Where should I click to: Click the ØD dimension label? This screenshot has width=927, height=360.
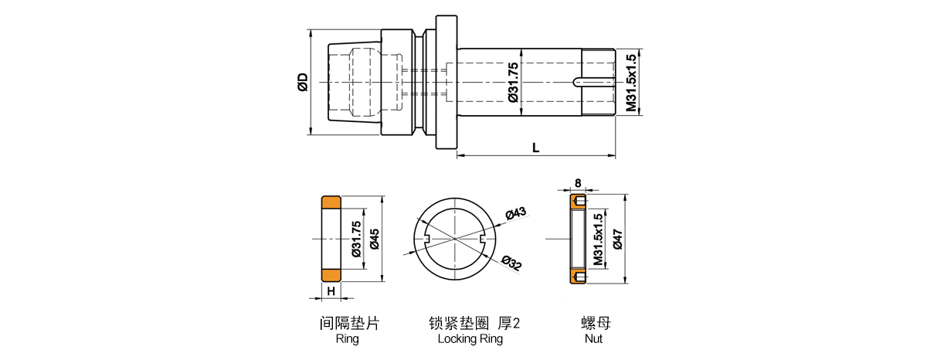point(303,82)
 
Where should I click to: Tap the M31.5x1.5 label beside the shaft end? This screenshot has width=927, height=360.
point(632,83)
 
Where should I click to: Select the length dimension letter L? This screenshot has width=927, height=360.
point(535,147)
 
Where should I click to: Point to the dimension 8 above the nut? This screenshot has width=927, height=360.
point(578,183)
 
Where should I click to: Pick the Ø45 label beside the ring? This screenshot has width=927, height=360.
point(374,239)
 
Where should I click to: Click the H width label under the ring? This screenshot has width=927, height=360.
point(331,291)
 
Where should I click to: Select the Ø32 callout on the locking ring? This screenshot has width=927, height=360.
point(512,264)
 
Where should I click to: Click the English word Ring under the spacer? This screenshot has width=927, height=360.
point(348,339)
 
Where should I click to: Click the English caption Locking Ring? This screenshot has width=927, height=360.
point(470,339)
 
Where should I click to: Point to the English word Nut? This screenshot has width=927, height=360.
point(593,339)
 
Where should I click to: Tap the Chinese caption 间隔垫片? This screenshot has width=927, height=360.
point(349,322)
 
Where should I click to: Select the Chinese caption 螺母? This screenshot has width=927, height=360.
point(593,322)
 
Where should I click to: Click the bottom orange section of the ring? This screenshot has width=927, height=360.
point(331,275)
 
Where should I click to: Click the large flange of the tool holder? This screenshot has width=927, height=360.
point(446,83)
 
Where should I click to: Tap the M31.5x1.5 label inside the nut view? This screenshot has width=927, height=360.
point(597,239)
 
